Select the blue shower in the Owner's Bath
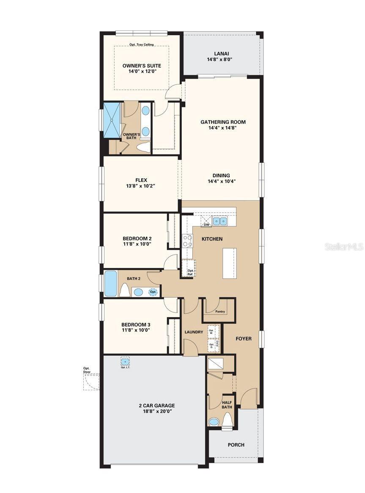(x=112, y=119)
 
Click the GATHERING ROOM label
(x=223, y=122)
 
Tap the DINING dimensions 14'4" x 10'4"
(x=222, y=181)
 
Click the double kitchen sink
(x=219, y=221)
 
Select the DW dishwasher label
(x=206, y=225)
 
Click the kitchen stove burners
(x=187, y=241)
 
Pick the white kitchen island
(x=229, y=263)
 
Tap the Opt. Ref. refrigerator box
(x=189, y=268)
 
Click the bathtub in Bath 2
(x=111, y=284)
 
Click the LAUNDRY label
(x=194, y=332)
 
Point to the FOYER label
(x=244, y=339)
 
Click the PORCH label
(x=236, y=445)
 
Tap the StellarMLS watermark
(x=344, y=246)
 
